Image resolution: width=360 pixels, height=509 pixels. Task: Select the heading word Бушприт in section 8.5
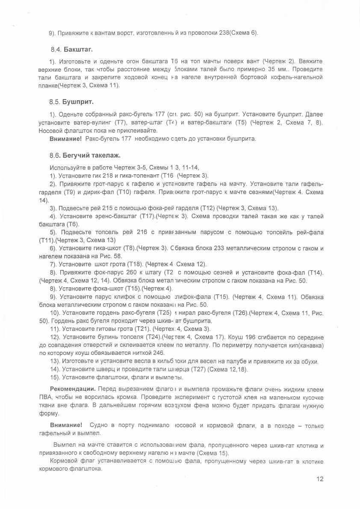(78, 102)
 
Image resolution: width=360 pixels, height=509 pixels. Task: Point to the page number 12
(320, 479)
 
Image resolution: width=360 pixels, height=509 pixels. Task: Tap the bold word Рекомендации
(73, 389)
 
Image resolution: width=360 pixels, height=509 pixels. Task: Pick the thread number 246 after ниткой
(159, 353)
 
